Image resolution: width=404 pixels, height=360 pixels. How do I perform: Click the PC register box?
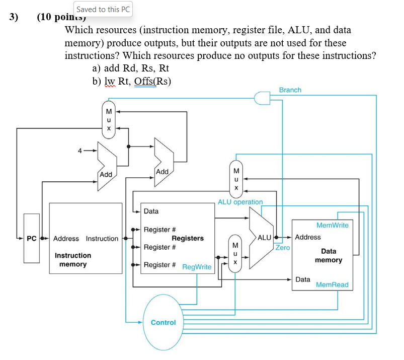[x=31, y=238]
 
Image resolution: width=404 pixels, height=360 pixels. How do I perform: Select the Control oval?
[x=164, y=322]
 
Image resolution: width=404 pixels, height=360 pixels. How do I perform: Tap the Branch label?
[x=290, y=90]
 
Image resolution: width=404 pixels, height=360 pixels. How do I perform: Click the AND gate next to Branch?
[x=264, y=98]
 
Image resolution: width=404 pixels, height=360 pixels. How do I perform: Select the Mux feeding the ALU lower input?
[x=234, y=253]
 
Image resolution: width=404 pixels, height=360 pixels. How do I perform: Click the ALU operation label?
[x=240, y=202]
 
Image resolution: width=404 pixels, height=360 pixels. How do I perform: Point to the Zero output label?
[x=282, y=248]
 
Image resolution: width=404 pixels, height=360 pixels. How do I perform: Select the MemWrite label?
[x=332, y=225]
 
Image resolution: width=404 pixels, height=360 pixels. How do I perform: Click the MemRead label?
[x=332, y=285]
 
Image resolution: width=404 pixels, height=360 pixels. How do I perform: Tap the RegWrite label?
[x=197, y=267]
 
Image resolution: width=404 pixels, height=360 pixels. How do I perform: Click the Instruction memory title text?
[x=73, y=260]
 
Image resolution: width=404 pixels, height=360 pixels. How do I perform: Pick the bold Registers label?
[x=188, y=238]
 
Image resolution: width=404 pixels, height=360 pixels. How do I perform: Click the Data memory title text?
[x=329, y=255]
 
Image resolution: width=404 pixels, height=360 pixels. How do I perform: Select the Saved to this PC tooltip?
[x=104, y=9]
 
